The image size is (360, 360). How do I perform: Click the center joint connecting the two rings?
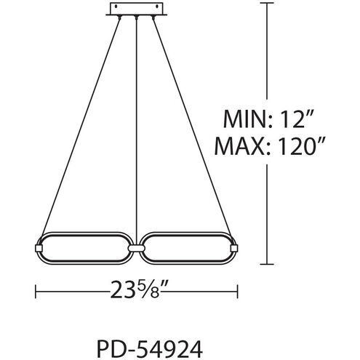(x=136, y=248)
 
